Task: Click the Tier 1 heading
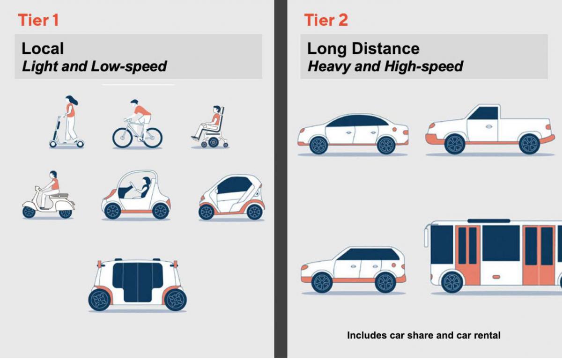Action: [x=38, y=20]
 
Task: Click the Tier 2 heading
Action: [x=326, y=20]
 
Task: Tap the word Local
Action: [x=43, y=48]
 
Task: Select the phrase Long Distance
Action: [x=363, y=48]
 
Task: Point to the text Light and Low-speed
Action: [x=94, y=66]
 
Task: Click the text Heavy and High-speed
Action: [x=385, y=66]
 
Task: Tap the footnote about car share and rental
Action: [x=423, y=335]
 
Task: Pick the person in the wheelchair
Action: [x=209, y=123]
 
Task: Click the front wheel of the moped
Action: [x=29, y=212]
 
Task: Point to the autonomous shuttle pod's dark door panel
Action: [x=138, y=281]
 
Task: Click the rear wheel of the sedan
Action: [x=386, y=145]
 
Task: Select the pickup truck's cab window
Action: [x=483, y=113]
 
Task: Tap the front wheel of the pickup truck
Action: [x=454, y=144]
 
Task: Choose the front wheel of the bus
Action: [x=452, y=282]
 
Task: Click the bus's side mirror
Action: [x=426, y=236]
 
